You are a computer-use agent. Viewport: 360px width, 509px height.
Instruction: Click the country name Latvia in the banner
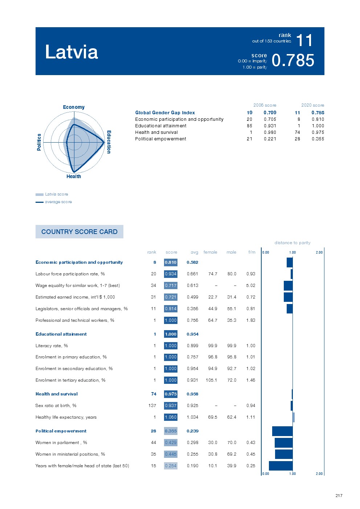[71, 52]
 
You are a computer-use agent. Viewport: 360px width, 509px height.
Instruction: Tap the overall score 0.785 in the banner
[293, 61]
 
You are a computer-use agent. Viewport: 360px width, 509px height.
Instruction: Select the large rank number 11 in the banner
[304, 40]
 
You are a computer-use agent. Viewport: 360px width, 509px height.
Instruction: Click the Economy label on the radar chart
[74, 107]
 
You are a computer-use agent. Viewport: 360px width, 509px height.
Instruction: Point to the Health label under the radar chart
[74, 176]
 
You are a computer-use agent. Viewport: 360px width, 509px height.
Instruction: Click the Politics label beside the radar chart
[39, 142]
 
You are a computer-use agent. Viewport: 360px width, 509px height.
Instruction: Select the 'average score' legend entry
[58, 202]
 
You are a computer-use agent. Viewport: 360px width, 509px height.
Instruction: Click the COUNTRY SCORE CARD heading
[79, 231]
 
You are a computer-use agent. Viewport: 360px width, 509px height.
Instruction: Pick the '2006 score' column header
[265, 105]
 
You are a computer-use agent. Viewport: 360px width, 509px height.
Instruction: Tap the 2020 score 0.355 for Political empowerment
[318, 139]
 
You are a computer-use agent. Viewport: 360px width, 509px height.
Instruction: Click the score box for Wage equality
[171, 286]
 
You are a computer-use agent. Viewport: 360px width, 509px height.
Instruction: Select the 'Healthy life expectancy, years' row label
[66, 417]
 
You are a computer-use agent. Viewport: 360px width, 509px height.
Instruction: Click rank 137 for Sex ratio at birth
[152, 406]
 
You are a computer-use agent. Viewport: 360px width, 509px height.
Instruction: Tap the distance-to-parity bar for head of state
[281, 466]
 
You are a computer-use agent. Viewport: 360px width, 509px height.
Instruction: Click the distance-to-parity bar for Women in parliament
[283, 443]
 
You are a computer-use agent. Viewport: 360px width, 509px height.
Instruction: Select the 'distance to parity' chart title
[292, 243]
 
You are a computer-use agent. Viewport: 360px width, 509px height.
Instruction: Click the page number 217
[339, 496]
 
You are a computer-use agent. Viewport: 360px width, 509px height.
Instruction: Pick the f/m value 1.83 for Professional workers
[250, 320]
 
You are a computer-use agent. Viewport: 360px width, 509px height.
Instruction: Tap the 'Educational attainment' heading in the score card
[61, 334]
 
